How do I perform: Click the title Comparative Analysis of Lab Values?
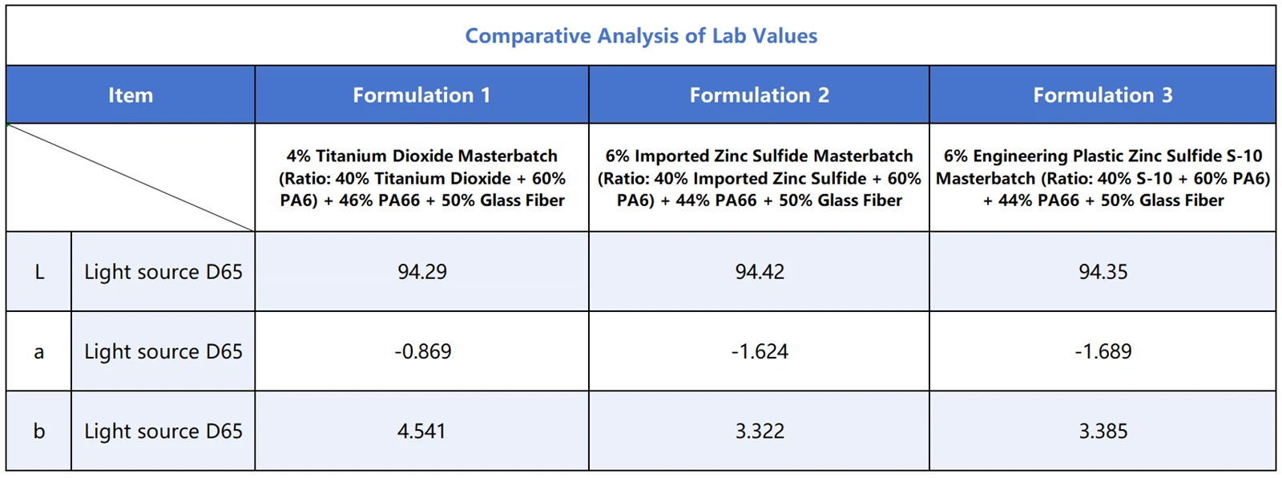coord(641,36)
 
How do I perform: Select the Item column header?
coord(131,95)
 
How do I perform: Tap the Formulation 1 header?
coord(421,95)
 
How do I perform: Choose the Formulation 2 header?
coord(759,95)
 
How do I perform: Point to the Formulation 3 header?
coord(1103,95)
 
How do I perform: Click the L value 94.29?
coord(422,272)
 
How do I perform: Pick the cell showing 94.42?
coord(760,272)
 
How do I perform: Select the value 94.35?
coord(1103,272)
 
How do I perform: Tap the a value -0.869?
coord(422,351)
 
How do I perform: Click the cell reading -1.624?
coord(760,351)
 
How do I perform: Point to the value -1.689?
coord(1103,351)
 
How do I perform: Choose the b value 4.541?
coord(421,431)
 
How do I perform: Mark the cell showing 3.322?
coord(760,431)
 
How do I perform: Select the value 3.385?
coord(1103,431)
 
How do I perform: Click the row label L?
coord(38,273)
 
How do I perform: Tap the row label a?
coord(38,352)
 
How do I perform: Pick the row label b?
coord(38,431)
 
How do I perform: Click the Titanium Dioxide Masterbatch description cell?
coord(422,178)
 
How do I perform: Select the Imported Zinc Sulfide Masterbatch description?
coord(759,178)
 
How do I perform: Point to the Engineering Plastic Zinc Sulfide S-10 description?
coord(1103,178)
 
